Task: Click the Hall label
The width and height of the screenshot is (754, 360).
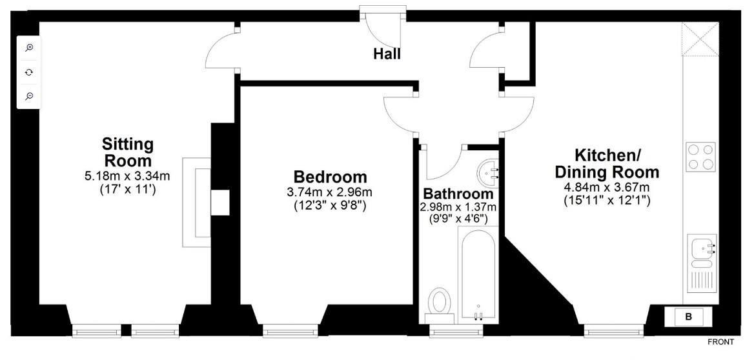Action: (x=387, y=54)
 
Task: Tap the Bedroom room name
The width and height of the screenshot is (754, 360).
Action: (x=330, y=177)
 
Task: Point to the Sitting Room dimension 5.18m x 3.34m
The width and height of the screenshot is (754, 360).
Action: (x=127, y=176)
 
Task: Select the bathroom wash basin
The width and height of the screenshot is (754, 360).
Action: (x=488, y=172)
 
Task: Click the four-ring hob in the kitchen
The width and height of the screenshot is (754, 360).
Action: (x=700, y=157)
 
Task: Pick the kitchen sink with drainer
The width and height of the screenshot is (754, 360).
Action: (x=702, y=265)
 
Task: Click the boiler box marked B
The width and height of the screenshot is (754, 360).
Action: (x=688, y=317)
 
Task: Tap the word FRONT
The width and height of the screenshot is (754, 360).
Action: (x=721, y=342)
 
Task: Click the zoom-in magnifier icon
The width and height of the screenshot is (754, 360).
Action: (x=29, y=47)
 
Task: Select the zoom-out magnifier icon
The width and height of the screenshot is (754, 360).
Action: (x=29, y=96)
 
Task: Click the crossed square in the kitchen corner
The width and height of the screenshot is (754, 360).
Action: (x=700, y=39)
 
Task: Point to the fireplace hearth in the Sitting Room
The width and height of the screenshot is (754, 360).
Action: (x=196, y=202)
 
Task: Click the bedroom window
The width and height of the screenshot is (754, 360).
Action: (x=290, y=331)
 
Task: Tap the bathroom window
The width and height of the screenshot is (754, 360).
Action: (x=456, y=331)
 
